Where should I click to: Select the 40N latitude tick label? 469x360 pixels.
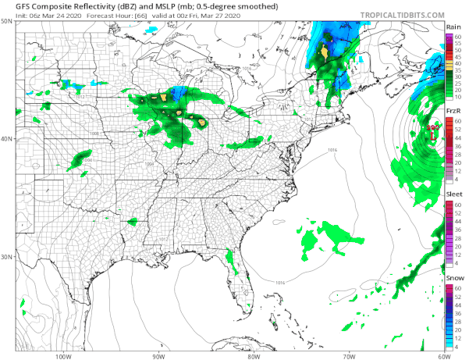coord(7,139)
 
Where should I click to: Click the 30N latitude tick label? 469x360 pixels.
coord(7,257)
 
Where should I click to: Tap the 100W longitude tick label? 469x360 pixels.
coord(64,355)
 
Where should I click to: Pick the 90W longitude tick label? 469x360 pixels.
coord(158,355)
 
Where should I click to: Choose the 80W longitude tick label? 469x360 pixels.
coord(254,355)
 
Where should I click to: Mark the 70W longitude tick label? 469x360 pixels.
coord(348,355)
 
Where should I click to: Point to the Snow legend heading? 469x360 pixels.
coord(453,278)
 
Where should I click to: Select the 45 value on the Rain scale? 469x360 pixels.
coord(459,56)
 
